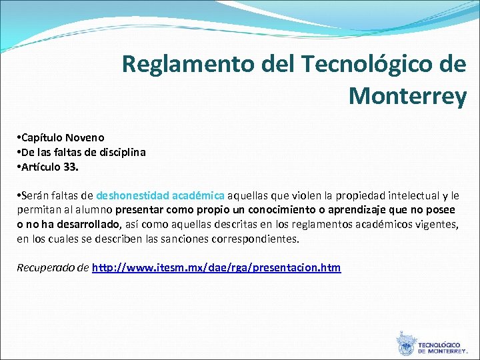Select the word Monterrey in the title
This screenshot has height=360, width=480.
pos(407,97)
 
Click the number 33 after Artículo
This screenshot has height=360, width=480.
pos(70,167)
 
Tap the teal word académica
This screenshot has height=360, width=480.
pos(198,196)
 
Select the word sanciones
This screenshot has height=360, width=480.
pos(194,238)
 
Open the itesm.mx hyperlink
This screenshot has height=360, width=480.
pos(216,268)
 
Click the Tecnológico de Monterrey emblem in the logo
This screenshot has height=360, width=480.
pos(405,343)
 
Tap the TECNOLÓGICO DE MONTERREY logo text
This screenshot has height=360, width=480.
pos(442,347)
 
